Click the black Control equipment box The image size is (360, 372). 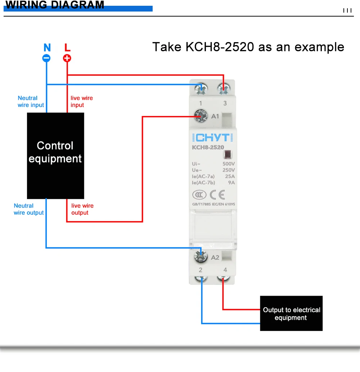click(55, 156)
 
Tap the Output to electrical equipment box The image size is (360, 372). click(291, 313)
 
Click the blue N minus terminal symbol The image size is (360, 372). click(47, 58)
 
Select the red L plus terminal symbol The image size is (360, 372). click(67, 58)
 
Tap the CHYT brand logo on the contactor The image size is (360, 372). click(212, 138)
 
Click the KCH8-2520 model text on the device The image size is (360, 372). click(208, 147)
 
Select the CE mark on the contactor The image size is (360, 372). click(217, 195)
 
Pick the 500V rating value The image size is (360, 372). click(229, 164)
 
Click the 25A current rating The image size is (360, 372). click(230, 176)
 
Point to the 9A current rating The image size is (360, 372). click(231, 182)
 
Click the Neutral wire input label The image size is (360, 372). click(31, 102)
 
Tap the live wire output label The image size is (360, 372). click(82, 209)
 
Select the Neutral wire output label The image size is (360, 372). click(28, 209)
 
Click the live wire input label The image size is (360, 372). click(81, 102)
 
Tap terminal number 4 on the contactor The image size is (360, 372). click(225, 270)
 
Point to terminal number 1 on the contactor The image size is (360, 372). click(201, 103)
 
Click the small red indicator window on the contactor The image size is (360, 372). click(228, 155)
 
